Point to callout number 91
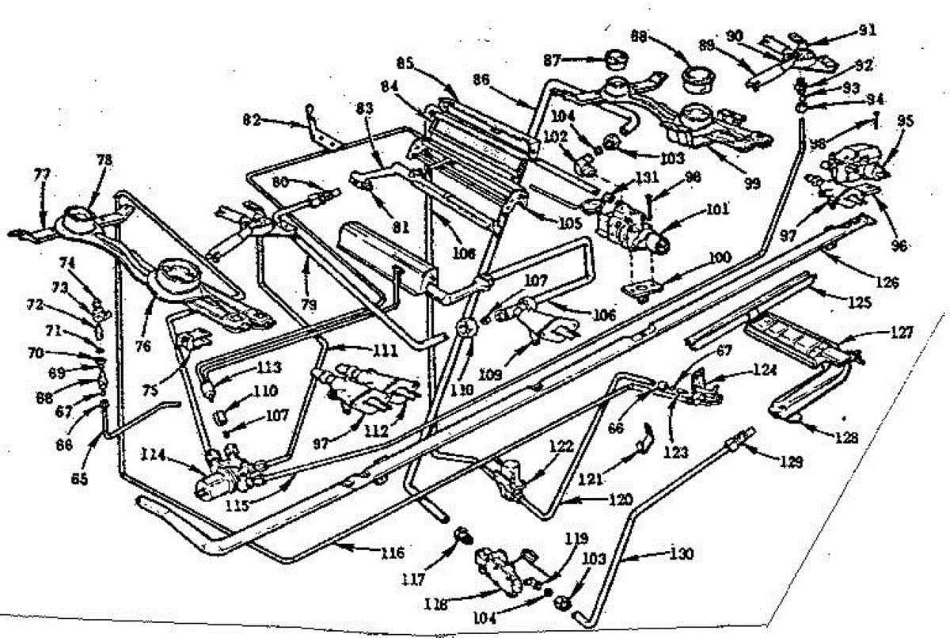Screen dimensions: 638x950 pos(868,31)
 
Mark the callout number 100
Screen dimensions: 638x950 pos(719,258)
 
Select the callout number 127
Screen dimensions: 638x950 pos(901,333)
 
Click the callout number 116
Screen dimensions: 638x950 pos(393,552)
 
